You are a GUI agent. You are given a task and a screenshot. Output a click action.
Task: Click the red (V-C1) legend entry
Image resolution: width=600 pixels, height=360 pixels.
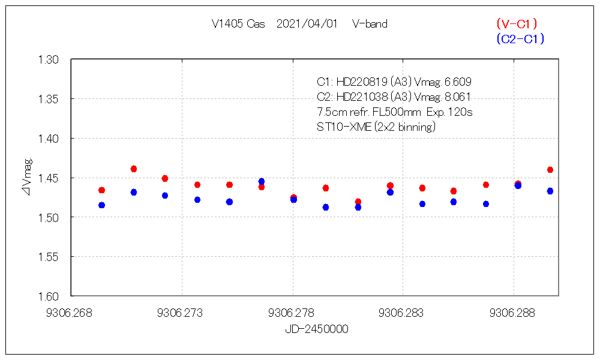coord(517,24)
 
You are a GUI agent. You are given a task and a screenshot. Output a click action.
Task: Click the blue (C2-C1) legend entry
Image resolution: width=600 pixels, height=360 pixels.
coord(520,39)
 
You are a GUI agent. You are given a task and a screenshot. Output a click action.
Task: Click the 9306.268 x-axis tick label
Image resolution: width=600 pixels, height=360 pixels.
coord(71,313)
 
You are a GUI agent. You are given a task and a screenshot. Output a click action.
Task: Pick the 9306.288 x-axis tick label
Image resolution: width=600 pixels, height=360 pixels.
coord(514,313)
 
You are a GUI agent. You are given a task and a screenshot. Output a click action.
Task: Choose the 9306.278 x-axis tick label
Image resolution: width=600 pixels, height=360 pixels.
coord(293,313)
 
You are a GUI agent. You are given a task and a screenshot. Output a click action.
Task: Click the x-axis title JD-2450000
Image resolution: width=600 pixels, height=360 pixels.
coord(316,329)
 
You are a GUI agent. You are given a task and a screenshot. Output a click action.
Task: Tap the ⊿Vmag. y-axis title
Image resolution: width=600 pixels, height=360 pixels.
coord(27,178)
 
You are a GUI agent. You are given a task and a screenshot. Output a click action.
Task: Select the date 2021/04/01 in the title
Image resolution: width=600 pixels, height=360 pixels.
coord(307,24)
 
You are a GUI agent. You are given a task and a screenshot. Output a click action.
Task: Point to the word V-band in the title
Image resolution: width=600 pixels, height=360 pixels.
coord(370,24)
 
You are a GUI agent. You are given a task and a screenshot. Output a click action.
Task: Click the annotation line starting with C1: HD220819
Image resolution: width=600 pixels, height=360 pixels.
coord(389,82)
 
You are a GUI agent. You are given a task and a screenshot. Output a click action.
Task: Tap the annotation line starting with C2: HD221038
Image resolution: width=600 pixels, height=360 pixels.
coord(394,97)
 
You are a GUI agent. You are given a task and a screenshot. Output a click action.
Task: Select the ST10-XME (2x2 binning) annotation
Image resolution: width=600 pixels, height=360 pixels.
coord(376,127)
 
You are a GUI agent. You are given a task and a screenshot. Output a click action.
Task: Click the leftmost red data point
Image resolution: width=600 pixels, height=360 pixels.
coord(101,190)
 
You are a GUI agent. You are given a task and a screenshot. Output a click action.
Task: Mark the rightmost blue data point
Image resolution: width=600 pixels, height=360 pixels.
coord(550,191)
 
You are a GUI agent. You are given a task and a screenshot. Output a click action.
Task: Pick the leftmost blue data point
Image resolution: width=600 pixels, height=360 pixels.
coord(101,205)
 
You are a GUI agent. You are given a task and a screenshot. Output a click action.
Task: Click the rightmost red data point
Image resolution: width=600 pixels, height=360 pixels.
coord(550,170)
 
